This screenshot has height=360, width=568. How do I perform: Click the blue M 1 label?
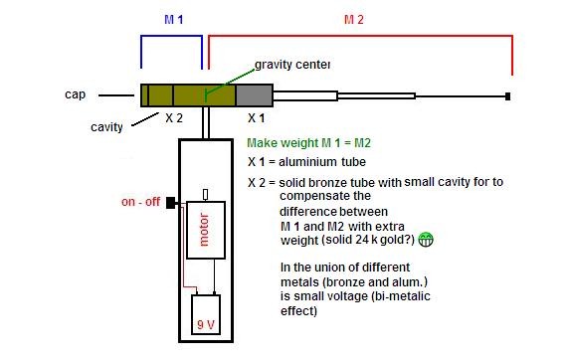coord(173,19)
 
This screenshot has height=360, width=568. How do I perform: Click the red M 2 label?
coord(353,19)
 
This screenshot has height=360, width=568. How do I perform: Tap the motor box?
coord(206,230)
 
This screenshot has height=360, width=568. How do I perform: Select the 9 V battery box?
coord(206,314)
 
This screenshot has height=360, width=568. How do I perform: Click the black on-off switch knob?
coord(170,203)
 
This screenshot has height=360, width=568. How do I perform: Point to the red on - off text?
coord(140,202)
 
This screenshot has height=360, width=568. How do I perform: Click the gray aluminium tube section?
coord(254,95)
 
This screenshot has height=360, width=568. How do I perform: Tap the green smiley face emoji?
coord(426,240)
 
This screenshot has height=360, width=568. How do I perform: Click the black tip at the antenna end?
coord(508,96)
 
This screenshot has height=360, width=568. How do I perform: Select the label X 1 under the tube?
coord(256,118)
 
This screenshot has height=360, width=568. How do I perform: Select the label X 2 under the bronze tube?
coord(174,118)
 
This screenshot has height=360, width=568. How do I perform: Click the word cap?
coord(75,94)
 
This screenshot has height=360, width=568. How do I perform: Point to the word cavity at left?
coord(106,127)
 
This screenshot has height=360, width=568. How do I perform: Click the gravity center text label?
coord(292,65)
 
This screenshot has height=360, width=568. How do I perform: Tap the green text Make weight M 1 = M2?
coord(308,143)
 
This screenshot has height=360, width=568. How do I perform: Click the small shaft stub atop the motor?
coord(205,195)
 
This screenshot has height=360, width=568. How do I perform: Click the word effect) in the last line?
coord(298,311)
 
